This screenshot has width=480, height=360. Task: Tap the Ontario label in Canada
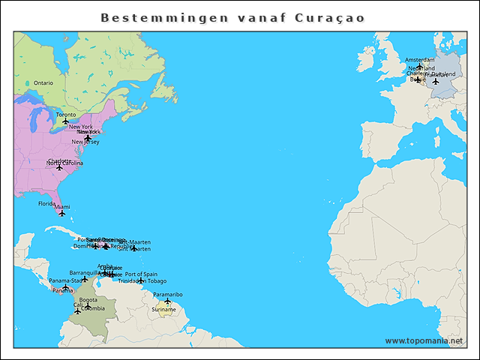(x=43, y=82)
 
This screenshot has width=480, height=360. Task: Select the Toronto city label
(x=65, y=115)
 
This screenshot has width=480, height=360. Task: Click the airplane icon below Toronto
(x=65, y=121)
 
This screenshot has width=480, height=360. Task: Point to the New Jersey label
(x=85, y=142)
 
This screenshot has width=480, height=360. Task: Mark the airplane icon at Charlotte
(x=59, y=167)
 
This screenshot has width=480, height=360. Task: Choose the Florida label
(x=46, y=203)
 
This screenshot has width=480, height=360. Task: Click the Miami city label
(x=62, y=207)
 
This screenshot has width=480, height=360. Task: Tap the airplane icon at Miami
(x=62, y=214)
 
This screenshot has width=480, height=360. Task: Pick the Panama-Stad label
(x=66, y=281)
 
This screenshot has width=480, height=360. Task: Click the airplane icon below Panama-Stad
(x=65, y=288)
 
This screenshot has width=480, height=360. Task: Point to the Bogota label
(x=88, y=300)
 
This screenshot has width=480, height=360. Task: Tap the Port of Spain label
(x=141, y=274)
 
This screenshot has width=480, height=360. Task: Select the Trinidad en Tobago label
(x=142, y=281)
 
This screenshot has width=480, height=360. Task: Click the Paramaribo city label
(x=167, y=295)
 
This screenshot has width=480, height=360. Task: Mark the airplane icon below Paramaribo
(x=167, y=301)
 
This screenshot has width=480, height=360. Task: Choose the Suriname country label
(x=163, y=309)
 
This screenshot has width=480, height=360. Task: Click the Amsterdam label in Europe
(x=419, y=60)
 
